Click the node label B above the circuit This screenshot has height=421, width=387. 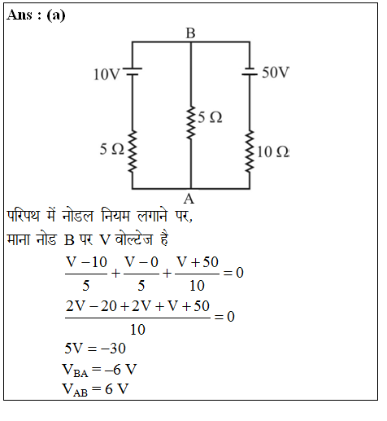click(x=190, y=33)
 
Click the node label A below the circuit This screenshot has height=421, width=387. click(x=189, y=199)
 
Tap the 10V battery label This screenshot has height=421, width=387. click(x=107, y=74)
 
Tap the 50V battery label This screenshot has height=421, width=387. click(x=276, y=72)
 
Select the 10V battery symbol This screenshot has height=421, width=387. click(x=133, y=72)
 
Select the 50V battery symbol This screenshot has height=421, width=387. click(x=250, y=72)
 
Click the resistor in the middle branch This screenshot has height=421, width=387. click(x=191, y=123)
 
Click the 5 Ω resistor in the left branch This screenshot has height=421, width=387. click(x=133, y=151)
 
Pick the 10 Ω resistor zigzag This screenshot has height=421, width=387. click(x=250, y=151)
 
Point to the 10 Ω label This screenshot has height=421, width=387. click(x=273, y=151)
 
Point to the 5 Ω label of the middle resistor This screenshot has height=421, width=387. click(x=210, y=117)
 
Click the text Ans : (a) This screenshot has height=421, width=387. click(x=36, y=15)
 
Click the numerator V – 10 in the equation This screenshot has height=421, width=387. click(x=86, y=262)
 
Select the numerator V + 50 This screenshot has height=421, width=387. click(x=198, y=262)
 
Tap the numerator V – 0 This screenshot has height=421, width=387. click(x=141, y=262)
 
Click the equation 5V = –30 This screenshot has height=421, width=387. click(x=95, y=349)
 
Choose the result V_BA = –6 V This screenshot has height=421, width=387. click(x=99, y=370)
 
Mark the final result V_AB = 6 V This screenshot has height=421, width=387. click(x=95, y=389)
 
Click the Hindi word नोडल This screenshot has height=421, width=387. click(x=78, y=217)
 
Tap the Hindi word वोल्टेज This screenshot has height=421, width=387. click(x=133, y=239)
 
